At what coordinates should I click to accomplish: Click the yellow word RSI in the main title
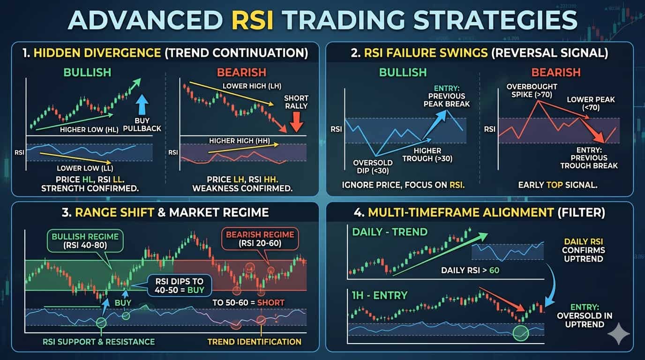(252, 20)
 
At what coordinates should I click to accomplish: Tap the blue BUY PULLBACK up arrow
(142, 105)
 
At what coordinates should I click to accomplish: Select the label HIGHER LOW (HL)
(89, 129)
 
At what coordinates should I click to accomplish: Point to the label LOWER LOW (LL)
(85, 168)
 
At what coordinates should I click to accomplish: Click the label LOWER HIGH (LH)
(252, 86)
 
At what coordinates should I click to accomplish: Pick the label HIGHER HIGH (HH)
(240, 141)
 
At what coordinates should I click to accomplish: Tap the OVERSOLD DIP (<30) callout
(373, 167)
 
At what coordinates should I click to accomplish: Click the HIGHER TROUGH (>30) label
(427, 155)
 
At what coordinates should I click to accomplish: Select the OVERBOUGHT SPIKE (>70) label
(532, 91)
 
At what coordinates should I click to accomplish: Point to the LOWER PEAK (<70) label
(591, 104)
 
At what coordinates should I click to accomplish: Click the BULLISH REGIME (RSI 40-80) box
(85, 241)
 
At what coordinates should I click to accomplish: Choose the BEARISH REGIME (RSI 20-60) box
(260, 239)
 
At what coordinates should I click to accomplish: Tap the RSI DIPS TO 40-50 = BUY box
(180, 285)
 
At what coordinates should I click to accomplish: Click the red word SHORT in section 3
(270, 303)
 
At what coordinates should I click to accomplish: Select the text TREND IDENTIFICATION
(254, 342)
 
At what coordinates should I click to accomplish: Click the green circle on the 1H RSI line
(521, 333)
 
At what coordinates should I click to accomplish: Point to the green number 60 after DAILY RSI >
(495, 270)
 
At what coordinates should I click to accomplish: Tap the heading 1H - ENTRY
(380, 295)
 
